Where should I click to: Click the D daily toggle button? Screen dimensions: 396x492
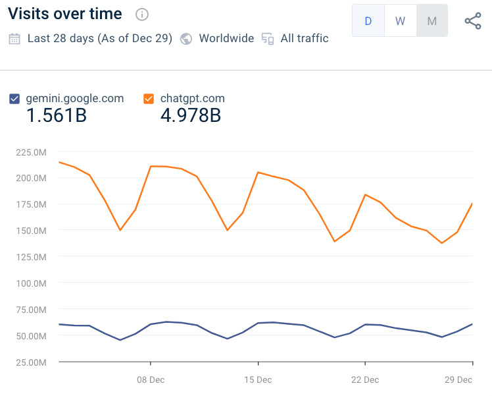coord(368,21)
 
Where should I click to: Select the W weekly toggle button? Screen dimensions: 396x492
coord(400,21)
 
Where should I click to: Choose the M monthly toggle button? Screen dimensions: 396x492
coord(431,21)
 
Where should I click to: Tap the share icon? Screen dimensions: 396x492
coord(473,21)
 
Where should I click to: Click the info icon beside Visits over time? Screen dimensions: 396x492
coord(141,14)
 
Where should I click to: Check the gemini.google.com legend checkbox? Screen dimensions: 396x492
coord(14,99)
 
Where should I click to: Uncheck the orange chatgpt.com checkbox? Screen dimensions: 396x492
coord(149,99)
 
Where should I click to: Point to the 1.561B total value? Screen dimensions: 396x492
coord(57,116)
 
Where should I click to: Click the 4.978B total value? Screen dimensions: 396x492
coord(191,116)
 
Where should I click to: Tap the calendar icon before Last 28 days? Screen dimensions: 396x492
coord(14,38)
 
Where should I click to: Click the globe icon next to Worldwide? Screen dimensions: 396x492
coord(186,38)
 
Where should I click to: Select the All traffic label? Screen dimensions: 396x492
coord(304,38)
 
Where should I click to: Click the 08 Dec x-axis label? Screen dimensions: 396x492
coord(151,380)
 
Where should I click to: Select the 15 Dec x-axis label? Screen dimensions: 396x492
coord(258,380)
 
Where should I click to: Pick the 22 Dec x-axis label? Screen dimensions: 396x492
coord(365,380)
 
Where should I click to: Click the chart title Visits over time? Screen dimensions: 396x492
coord(64,14)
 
